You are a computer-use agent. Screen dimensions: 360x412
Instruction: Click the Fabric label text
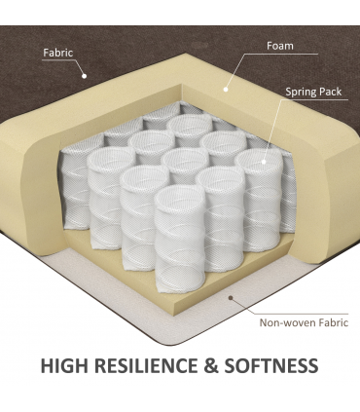pyautogui.click(x=58, y=53)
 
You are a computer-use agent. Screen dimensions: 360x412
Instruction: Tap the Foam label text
pyautogui.click(x=280, y=46)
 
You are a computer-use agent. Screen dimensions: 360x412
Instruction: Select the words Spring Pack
pyautogui.click(x=313, y=92)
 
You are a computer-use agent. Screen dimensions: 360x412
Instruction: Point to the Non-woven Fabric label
pyautogui.click(x=304, y=322)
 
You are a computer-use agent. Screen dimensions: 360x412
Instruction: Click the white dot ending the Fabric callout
pyautogui.click(x=85, y=76)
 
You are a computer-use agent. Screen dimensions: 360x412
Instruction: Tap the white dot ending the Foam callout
pyautogui.click(x=226, y=90)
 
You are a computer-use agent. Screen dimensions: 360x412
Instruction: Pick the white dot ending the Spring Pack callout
pyautogui.click(x=264, y=162)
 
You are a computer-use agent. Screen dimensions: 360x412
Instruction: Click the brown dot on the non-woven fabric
pyautogui.click(x=231, y=298)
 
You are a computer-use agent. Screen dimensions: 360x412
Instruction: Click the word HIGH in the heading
pyautogui.click(x=64, y=366)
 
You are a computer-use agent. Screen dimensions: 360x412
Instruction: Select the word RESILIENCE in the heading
pyautogui.click(x=147, y=366)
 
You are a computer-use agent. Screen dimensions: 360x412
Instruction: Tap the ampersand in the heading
pyautogui.click(x=211, y=366)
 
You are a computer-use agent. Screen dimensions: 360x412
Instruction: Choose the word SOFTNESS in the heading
pyautogui.click(x=271, y=366)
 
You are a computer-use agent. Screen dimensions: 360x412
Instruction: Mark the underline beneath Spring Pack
pyautogui.click(x=313, y=99)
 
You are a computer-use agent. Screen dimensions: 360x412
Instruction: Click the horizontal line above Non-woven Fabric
pyautogui.click(x=301, y=314)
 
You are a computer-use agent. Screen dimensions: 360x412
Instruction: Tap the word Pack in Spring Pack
pyautogui.click(x=330, y=92)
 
